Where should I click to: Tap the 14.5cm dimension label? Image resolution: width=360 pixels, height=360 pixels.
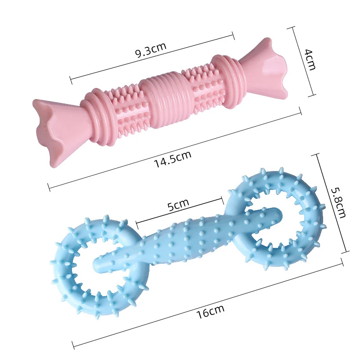173,159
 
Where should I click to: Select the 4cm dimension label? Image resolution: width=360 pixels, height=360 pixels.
309,59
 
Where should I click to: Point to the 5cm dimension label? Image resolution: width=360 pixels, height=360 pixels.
178,205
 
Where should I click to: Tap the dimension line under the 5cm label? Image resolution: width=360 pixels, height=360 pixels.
180,210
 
